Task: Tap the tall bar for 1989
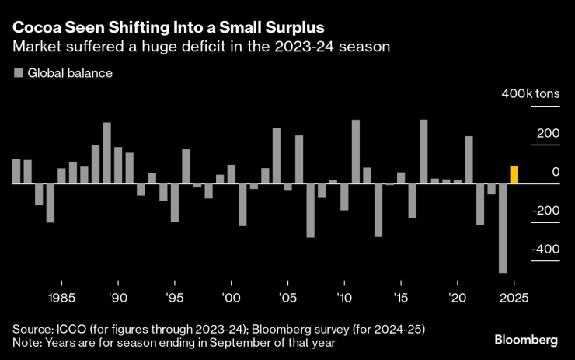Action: (x=107, y=153)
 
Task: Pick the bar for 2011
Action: (x=355, y=152)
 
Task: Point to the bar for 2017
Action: (x=423, y=152)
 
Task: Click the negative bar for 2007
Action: (x=310, y=210)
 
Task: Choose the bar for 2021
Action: (x=469, y=160)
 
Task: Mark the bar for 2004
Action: (x=276, y=156)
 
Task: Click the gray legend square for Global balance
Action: (x=18, y=73)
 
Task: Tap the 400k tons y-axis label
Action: (x=530, y=94)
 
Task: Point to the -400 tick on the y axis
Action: (x=545, y=250)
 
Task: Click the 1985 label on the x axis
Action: (x=61, y=298)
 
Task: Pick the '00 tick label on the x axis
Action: (x=231, y=298)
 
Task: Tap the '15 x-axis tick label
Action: (x=400, y=298)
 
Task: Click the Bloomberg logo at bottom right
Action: (x=526, y=341)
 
